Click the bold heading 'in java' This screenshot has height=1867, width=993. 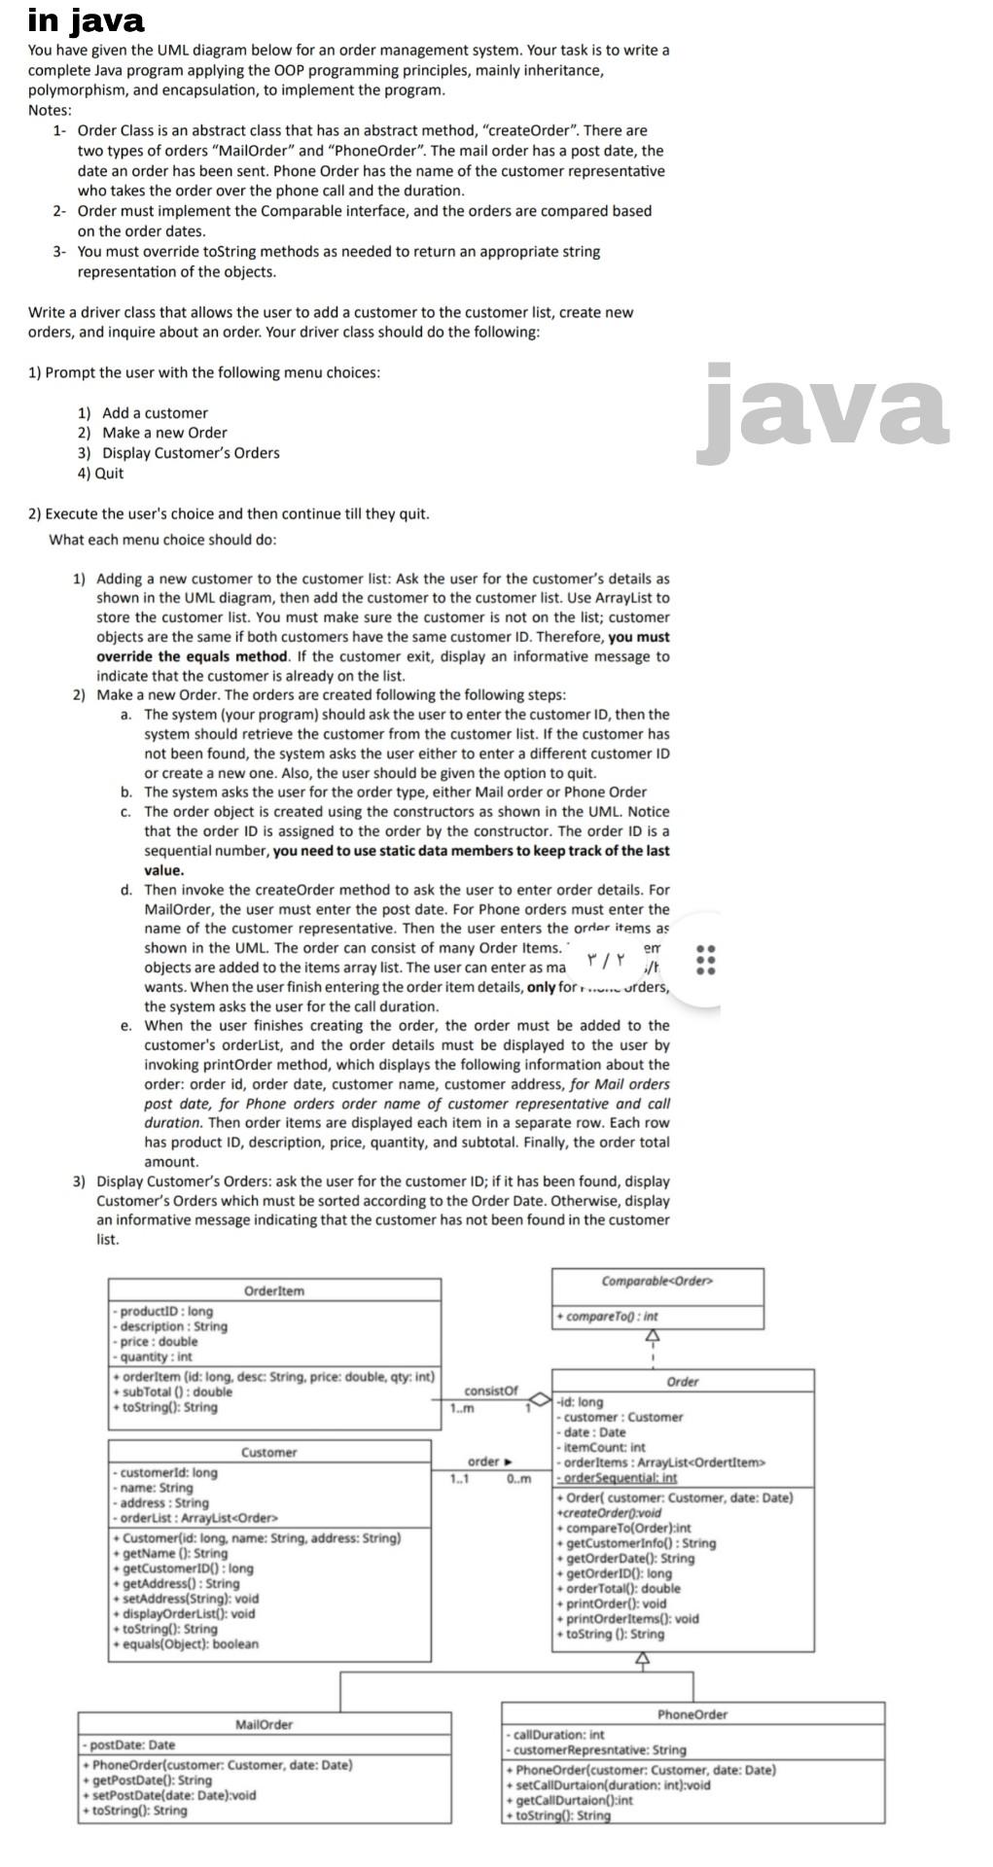86,19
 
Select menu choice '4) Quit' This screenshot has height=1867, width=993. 100,474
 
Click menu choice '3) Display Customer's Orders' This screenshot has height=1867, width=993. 178,453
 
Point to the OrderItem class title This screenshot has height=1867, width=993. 273,1290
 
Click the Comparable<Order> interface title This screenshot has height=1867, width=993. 657,1281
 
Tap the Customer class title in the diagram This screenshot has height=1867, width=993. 268,1452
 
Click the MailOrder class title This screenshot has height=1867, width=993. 264,1724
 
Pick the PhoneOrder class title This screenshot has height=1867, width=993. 692,1714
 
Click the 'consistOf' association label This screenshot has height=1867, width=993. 491,1391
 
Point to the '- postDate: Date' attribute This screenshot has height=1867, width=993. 131,1744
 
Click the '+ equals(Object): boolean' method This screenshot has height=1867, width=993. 186,1643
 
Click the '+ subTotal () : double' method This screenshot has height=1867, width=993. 173,1391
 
